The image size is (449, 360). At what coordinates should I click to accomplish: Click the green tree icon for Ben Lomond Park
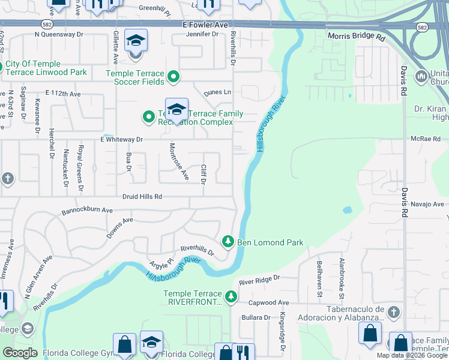click(228, 242)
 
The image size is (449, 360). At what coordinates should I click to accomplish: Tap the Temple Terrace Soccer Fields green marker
click(173, 76)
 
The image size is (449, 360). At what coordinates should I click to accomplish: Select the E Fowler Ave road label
click(205, 26)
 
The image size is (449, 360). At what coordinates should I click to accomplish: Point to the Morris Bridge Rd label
click(355, 37)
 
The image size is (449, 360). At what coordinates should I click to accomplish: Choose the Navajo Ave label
click(430, 204)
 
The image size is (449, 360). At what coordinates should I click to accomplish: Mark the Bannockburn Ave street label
click(87, 211)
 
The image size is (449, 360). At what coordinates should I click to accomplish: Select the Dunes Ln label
click(217, 92)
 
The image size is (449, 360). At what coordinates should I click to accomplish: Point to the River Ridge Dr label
click(259, 280)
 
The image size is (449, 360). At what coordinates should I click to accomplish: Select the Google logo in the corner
click(20, 353)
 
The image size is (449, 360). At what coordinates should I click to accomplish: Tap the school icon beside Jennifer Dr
click(136, 41)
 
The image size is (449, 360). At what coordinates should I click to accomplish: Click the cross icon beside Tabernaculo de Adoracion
click(393, 312)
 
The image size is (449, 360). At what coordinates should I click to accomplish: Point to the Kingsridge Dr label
click(282, 332)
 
